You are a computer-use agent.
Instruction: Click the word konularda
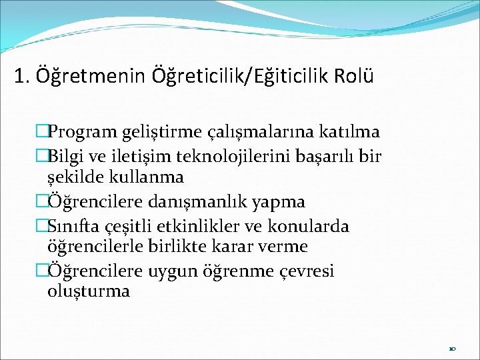click(x=311, y=226)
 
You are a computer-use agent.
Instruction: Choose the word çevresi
click(x=301, y=271)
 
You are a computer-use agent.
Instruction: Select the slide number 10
click(x=452, y=348)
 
